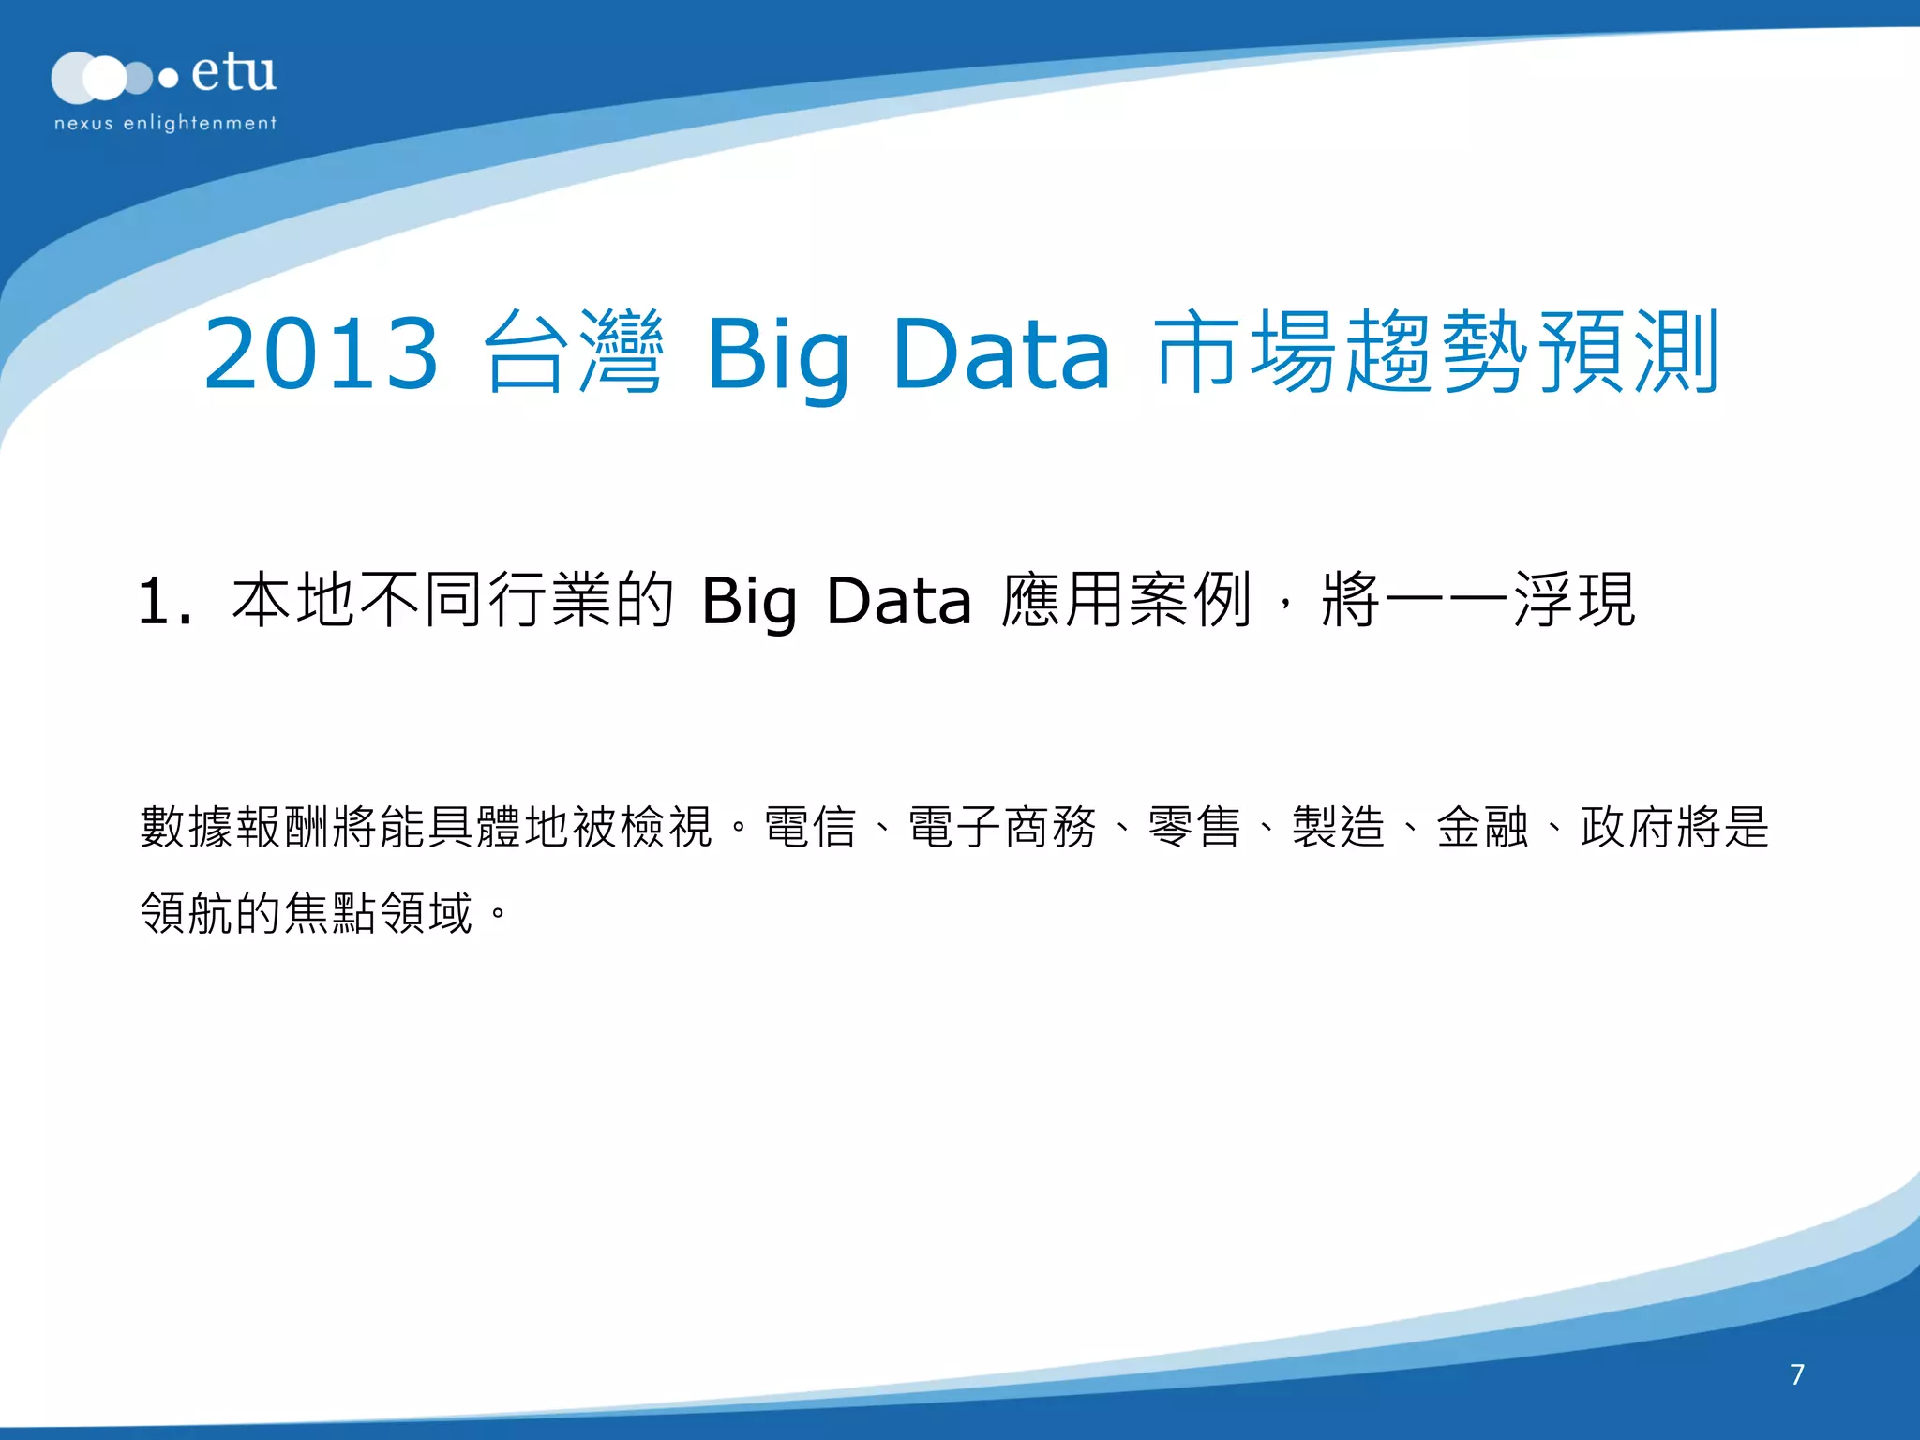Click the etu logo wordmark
coord(233,73)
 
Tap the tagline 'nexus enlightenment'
coord(165,123)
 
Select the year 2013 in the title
coord(321,353)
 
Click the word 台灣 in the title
coord(574,353)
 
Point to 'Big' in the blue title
coord(778,356)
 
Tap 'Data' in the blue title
coord(1001,353)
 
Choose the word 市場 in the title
coord(1247,353)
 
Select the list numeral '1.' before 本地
coord(165,601)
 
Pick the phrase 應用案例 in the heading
coord(1126,600)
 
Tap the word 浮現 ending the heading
coord(1575,600)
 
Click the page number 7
coord(1797,1374)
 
